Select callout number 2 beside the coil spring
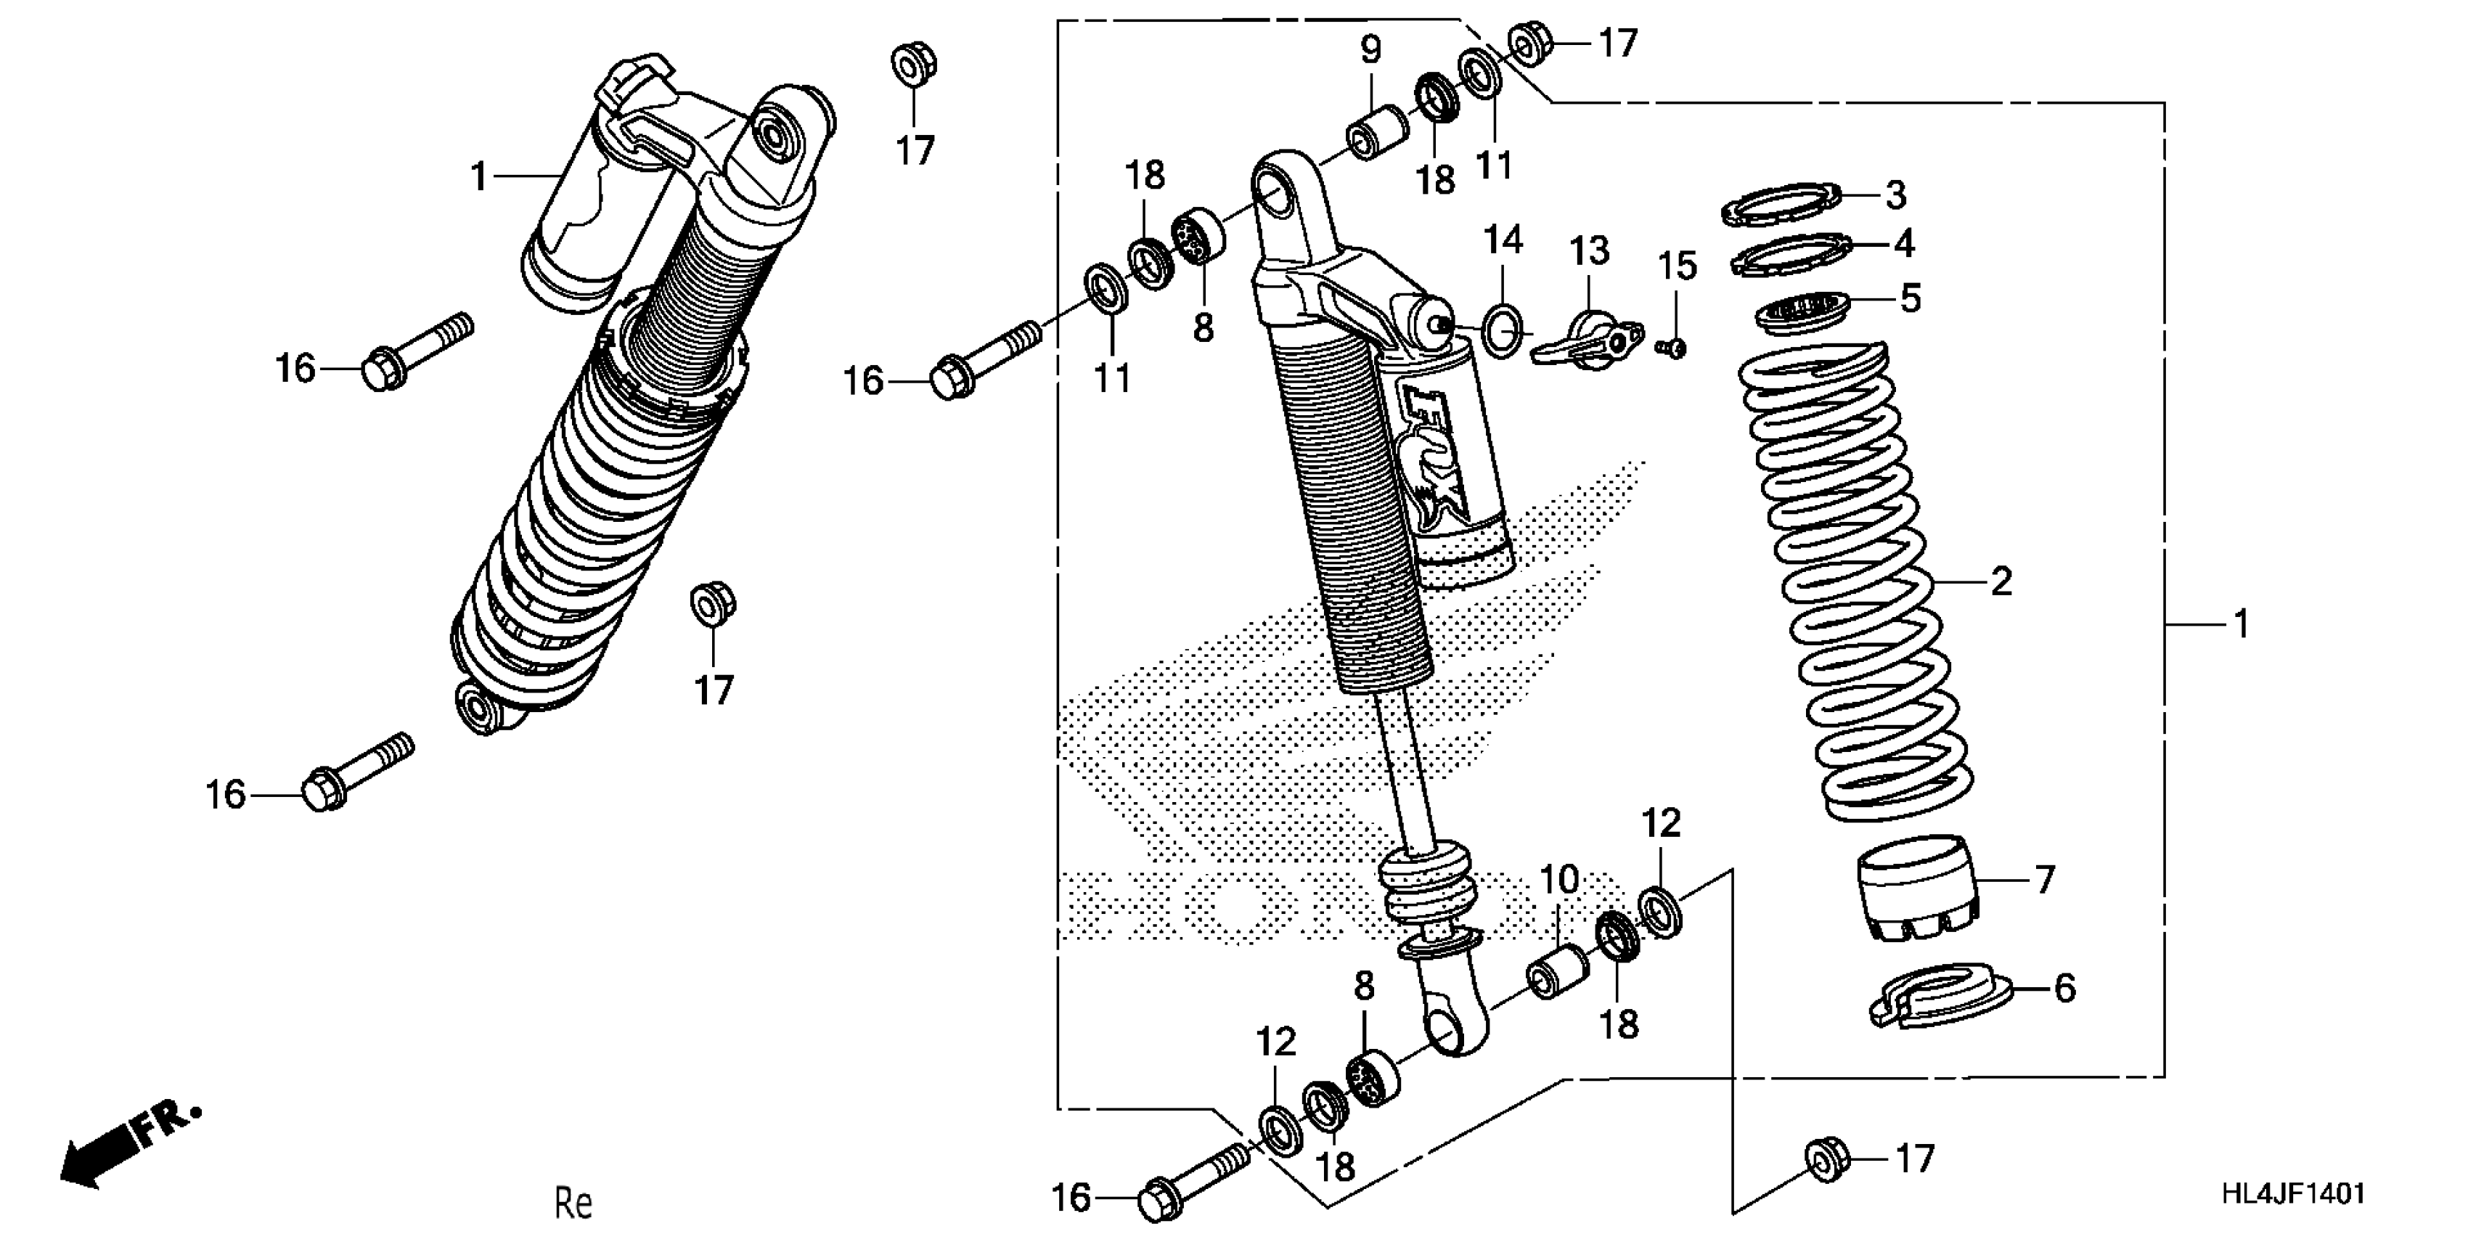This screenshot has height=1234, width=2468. [2001, 581]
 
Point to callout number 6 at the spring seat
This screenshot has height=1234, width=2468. [2064, 988]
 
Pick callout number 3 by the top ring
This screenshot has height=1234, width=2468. [1895, 195]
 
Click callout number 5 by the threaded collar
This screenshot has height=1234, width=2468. [1910, 299]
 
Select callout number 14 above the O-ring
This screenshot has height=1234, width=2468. [1503, 240]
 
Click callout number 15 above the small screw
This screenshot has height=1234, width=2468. [1678, 266]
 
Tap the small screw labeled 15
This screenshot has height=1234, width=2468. [1673, 348]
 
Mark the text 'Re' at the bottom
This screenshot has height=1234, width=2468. [574, 1202]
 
